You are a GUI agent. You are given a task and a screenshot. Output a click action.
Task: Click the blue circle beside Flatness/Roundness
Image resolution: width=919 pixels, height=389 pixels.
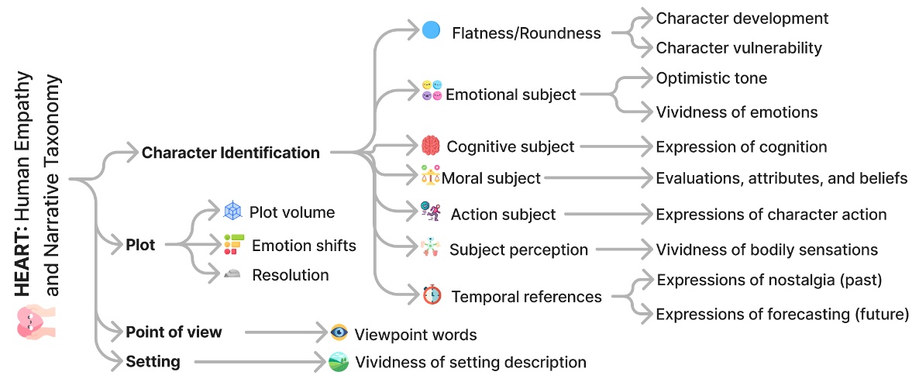[x=431, y=31]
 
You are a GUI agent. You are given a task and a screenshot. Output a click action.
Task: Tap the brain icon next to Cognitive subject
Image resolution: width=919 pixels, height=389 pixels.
[x=431, y=145]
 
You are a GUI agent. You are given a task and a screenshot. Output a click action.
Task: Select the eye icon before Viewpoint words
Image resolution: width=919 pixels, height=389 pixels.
[x=339, y=333]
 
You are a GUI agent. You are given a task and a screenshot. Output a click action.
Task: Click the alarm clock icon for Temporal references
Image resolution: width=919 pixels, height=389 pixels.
[x=432, y=295]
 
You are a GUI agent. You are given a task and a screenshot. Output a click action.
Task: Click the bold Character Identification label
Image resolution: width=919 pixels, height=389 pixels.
[x=230, y=153]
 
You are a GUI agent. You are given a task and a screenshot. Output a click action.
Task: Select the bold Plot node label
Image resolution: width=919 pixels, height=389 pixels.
[x=140, y=246]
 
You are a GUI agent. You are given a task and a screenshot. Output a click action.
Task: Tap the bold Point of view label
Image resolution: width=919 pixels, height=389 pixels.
[x=174, y=332]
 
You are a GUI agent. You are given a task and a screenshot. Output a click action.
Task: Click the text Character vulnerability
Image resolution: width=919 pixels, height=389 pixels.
[x=738, y=47]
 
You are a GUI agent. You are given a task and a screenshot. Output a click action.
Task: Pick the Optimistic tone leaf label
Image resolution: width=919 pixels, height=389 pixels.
[x=711, y=78]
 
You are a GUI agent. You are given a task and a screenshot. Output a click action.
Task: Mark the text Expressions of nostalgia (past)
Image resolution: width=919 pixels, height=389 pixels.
[x=769, y=280]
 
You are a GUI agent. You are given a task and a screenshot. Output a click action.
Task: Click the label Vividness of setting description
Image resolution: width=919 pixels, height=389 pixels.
[x=470, y=362]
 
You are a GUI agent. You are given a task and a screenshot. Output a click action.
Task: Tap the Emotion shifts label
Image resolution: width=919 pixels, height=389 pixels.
[x=304, y=246]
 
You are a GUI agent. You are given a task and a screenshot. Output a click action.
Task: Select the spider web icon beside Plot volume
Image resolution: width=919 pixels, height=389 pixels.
[x=232, y=211]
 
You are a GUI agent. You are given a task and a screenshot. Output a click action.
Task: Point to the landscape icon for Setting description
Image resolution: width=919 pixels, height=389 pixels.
[x=339, y=361]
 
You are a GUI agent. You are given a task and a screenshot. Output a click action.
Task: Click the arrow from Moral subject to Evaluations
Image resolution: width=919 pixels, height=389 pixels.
[x=597, y=178]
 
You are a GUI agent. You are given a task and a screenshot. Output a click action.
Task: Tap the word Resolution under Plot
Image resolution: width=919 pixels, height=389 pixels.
[x=291, y=275]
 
